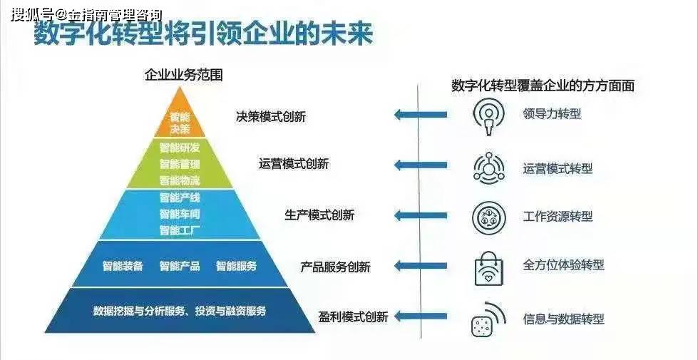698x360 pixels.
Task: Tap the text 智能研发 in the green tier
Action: pyautogui.click(x=180, y=148)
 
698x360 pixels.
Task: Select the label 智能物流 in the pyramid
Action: pyautogui.click(x=180, y=180)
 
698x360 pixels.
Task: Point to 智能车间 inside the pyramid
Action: pyautogui.click(x=180, y=214)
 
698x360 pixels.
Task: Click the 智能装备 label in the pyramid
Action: pyautogui.click(x=123, y=266)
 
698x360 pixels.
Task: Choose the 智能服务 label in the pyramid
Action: pyautogui.click(x=237, y=266)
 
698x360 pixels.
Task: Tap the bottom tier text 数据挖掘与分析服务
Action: pyautogui.click(x=139, y=311)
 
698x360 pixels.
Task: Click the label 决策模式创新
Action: pyautogui.click(x=271, y=117)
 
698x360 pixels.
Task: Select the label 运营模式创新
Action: pyautogui.click(x=294, y=164)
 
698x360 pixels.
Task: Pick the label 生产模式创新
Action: pyautogui.click(x=319, y=215)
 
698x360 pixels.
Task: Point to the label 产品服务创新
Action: pyautogui.click(x=336, y=267)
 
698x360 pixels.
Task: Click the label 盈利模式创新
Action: pyautogui.click(x=354, y=317)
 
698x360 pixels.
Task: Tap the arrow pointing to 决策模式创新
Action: pyautogui.click(x=421, y=115)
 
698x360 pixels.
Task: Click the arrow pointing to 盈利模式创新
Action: pyautogui.click(x=421, y=317)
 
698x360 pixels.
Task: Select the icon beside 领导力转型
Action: pyautogui.click(x=488, y=115)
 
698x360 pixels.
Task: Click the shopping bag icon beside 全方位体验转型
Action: pyautogui.click(x=489, y=267)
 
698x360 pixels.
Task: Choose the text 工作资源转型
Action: pyautogui.click(x=558, y=217)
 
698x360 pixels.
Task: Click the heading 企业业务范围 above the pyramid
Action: pyautogui.click(x=183, y=75)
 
